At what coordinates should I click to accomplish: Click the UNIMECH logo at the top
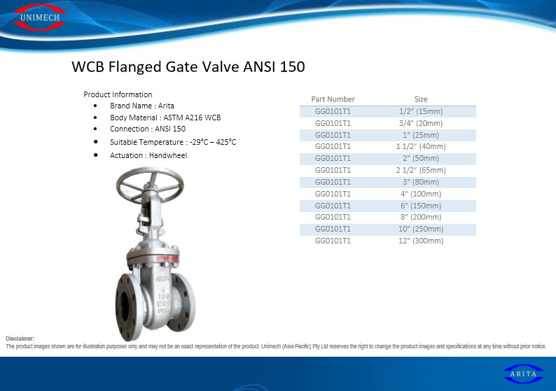(39, 17)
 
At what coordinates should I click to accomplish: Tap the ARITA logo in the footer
(523, 374)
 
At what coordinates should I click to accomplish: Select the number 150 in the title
(292, 66)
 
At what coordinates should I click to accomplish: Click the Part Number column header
(333, 99)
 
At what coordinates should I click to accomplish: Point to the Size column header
(421, 99)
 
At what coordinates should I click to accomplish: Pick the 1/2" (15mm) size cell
(421, 111)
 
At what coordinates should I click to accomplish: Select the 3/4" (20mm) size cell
(421, 123)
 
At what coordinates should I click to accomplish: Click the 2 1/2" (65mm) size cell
(421, 170)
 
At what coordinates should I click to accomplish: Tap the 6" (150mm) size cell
(421, 206)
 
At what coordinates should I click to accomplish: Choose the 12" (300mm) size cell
(421, 241)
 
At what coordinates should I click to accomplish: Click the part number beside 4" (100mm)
(333, 194)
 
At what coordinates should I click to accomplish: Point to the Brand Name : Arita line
(142, 106)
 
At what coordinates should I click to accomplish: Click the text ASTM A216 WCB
(192, 118)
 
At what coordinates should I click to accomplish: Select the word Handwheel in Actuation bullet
(168, 155)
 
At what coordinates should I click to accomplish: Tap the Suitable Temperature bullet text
(173, 142)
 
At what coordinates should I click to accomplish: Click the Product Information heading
(118, 94)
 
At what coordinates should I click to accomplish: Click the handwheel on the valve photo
(150, 185)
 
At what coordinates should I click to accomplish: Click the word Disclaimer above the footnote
(20, 339)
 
